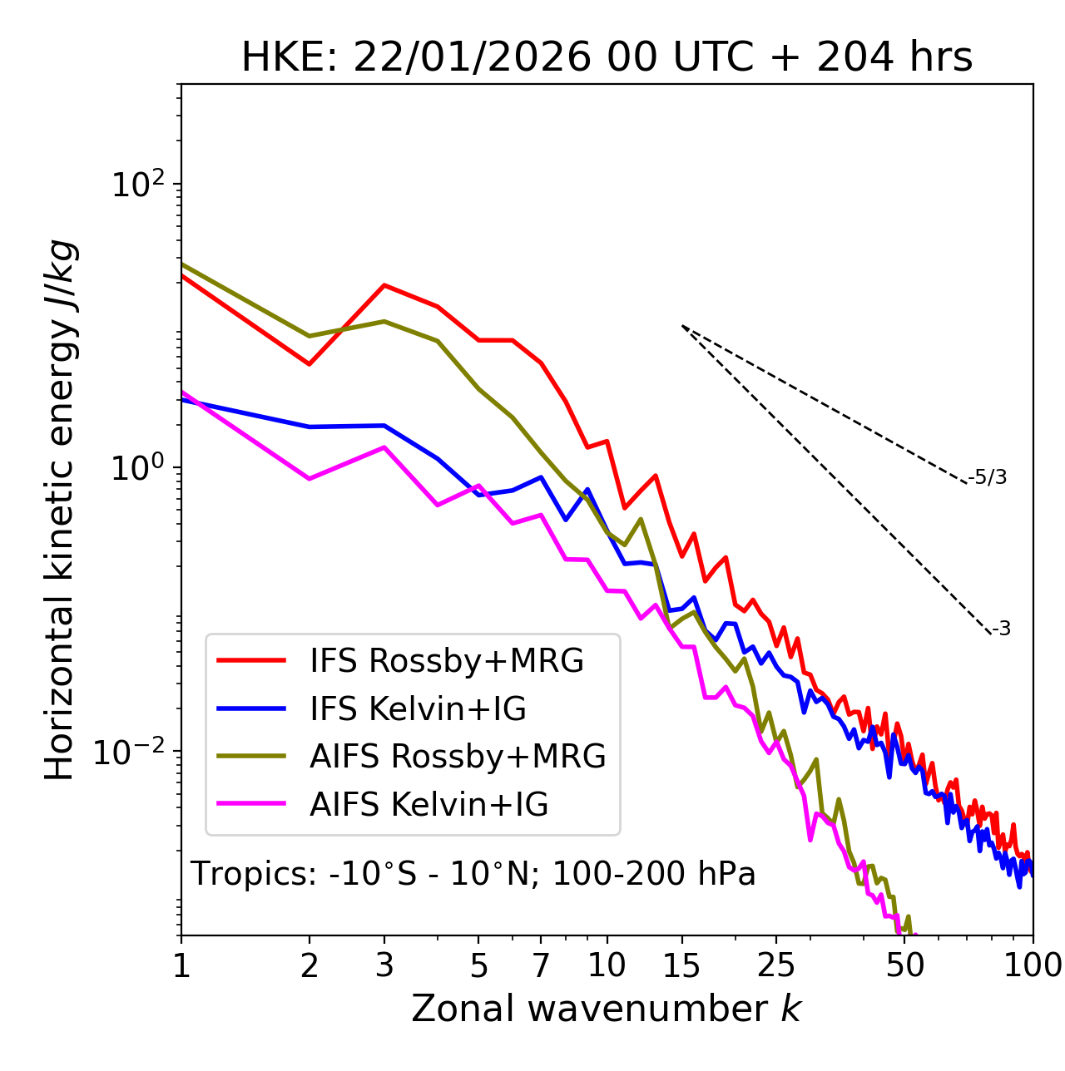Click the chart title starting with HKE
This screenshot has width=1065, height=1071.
click(x=607, y=58)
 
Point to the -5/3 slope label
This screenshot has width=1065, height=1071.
click(x=988, y=478)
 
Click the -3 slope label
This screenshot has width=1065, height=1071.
click(x=1001, y=629)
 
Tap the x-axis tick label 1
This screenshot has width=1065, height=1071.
click(x=181, y=965)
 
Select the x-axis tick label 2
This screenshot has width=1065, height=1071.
click(x=310, y=965)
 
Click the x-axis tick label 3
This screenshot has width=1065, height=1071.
click(x=384, y=965)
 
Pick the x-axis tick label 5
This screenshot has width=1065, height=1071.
click(x=478, y=965)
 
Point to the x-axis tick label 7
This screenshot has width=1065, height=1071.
click(x=541, y=965)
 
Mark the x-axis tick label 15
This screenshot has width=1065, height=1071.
click(x=681, y=965)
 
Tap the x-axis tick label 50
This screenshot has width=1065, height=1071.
click(x=904, y=965)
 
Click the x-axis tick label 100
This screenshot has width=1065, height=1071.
click(x=1032, y=965)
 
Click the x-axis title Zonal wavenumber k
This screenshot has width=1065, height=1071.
click(x=607, y=1009)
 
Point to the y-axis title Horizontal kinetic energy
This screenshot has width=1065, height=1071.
click(x=60, y=510)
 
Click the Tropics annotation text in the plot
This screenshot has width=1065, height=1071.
click(x=473, y=875)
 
